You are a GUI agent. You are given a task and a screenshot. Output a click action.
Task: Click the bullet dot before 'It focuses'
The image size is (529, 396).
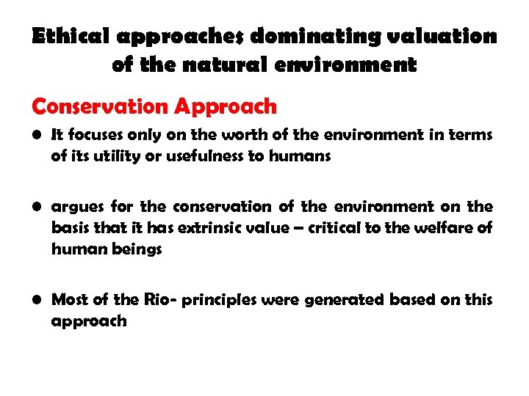coord(37,136)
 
